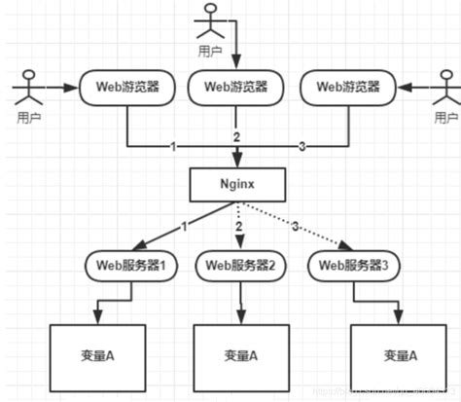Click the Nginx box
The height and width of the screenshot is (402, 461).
pos(234,182)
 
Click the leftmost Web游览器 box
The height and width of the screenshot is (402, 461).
pos(126,86)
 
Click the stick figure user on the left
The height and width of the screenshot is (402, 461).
pos(26,91)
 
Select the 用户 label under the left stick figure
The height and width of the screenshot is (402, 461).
pos(29,118)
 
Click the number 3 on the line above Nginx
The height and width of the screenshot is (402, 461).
pos(301,146)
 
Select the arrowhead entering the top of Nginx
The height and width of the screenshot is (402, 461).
pos(234,162)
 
